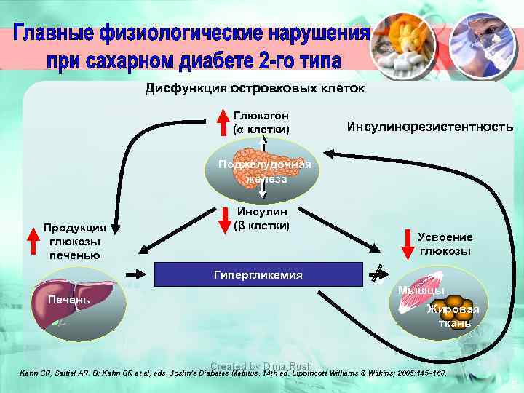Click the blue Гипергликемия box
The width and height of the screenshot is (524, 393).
[258, 274]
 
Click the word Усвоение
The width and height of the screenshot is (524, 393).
[445, 237]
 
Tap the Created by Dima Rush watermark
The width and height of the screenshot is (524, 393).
[261, 366]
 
